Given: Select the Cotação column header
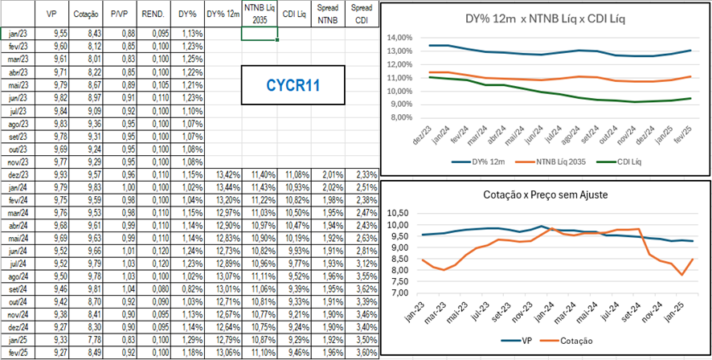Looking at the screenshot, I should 87,14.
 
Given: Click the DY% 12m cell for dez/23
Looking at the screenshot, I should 223,174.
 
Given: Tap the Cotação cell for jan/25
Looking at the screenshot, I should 87,340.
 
